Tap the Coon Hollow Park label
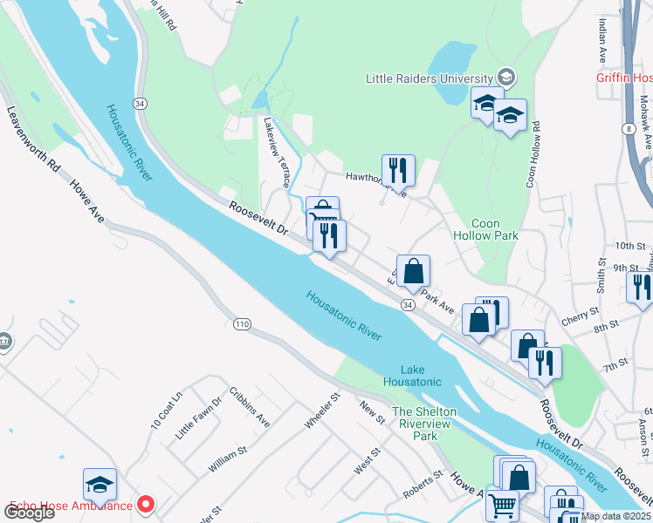coord(485,229)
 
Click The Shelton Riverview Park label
coord(425,424)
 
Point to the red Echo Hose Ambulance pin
coord(146,505)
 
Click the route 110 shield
coord(243,324)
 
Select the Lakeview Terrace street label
coord(277,153)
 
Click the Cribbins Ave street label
coord(250,406)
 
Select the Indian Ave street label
coord(602,41)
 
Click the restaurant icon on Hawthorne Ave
coord(398,170)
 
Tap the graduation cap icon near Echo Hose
coord(100,484)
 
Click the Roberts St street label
coord(425,488)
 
